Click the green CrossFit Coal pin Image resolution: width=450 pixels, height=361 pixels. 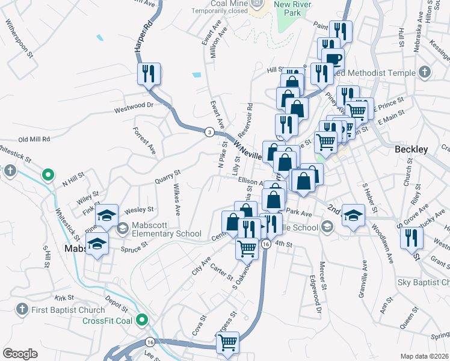click(x=143, y=319)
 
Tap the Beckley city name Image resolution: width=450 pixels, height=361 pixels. click(x=411, y=149)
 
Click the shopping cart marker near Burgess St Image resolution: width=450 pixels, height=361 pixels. click(x=228, y=342)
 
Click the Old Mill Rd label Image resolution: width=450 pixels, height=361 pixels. click(x=34, y=139)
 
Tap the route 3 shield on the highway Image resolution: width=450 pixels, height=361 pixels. click(x=209, y=131)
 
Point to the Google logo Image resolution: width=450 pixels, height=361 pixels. click(x=20, y=353)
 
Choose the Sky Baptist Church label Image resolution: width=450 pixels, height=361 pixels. click(x=424, y=282)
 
